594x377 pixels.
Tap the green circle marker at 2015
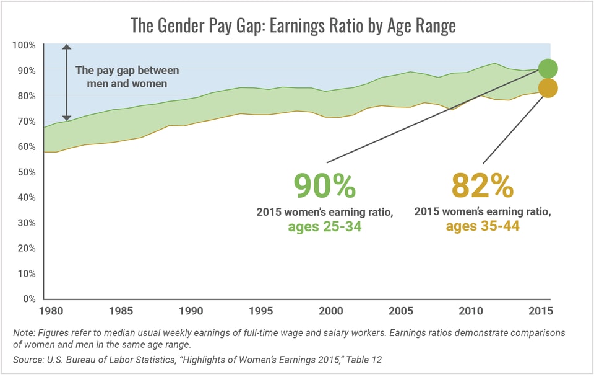click(548, 68)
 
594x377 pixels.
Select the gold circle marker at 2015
click(548, 88)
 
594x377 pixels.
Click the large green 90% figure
click(324, 185)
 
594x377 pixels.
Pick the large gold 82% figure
click(483, 185)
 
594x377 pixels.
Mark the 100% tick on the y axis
click(24, 45)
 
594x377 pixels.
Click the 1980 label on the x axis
click(50, 311)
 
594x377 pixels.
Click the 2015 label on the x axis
click(540, 311)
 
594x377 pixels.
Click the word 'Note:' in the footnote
click(24, 333)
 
